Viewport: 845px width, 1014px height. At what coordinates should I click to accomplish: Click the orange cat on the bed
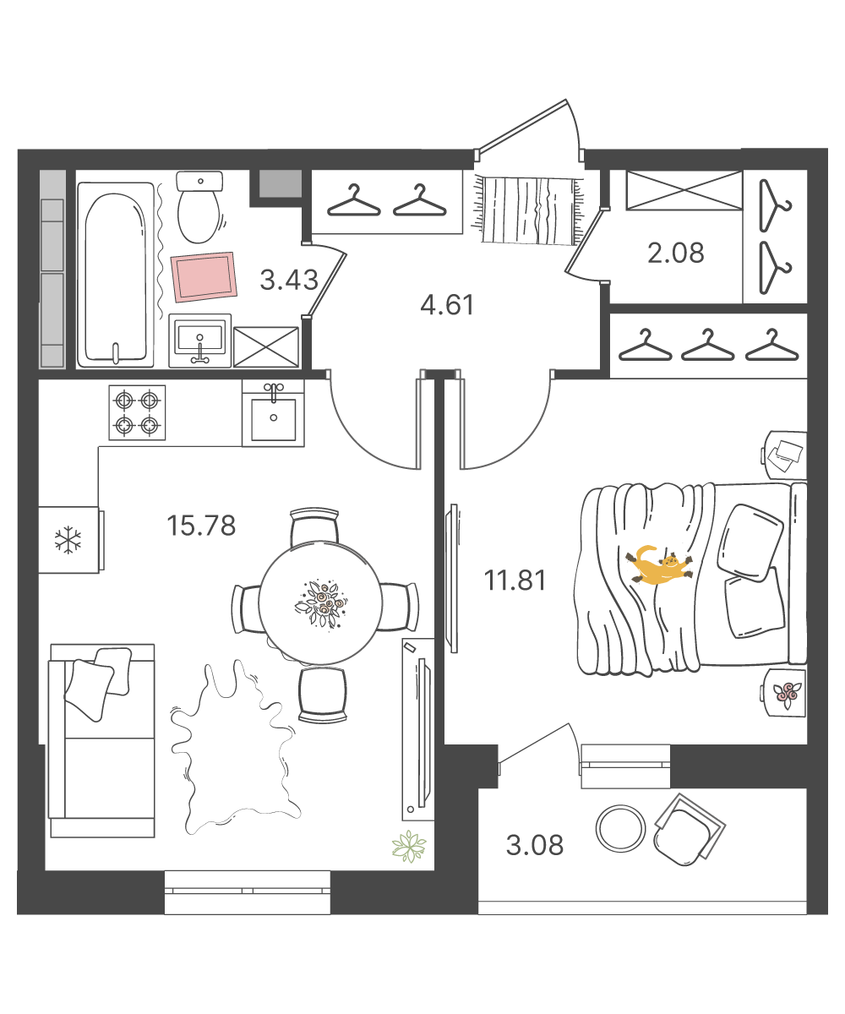[x=658, y=566]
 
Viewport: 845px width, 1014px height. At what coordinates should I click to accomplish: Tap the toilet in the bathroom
[x=199, y=207]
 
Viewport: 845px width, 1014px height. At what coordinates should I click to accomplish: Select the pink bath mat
[x=204, y=277]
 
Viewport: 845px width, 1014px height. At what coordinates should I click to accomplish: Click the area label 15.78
[x=201, y=526]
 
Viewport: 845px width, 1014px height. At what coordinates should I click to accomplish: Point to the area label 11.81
[x=515, y=581]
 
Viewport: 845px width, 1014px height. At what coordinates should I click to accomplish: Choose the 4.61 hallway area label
[x=447, y=305]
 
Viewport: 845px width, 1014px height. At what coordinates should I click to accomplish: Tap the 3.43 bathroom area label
[x=289, y=280]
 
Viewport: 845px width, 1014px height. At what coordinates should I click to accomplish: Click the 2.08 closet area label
[x=675, y=253]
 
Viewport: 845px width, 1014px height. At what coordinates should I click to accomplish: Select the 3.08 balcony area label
[x=535, y=845]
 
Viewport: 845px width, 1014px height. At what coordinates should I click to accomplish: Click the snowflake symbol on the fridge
[x=68, y=540]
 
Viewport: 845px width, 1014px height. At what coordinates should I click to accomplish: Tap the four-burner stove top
[x=137, y=413]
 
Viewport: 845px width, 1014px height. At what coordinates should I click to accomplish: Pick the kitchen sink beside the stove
[x=274, y=413]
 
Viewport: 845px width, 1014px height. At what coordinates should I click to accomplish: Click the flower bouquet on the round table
[x=321, y=602]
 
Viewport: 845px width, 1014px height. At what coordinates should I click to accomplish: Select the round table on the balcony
[x=620, y=828]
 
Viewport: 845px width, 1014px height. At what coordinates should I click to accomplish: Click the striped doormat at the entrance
[x=529, y=210]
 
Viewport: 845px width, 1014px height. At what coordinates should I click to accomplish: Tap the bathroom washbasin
[x=200, y=341]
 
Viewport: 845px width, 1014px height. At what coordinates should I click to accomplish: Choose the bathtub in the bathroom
[x=116, y=275]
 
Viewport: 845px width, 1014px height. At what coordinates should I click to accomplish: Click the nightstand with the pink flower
[x=782, y=693]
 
